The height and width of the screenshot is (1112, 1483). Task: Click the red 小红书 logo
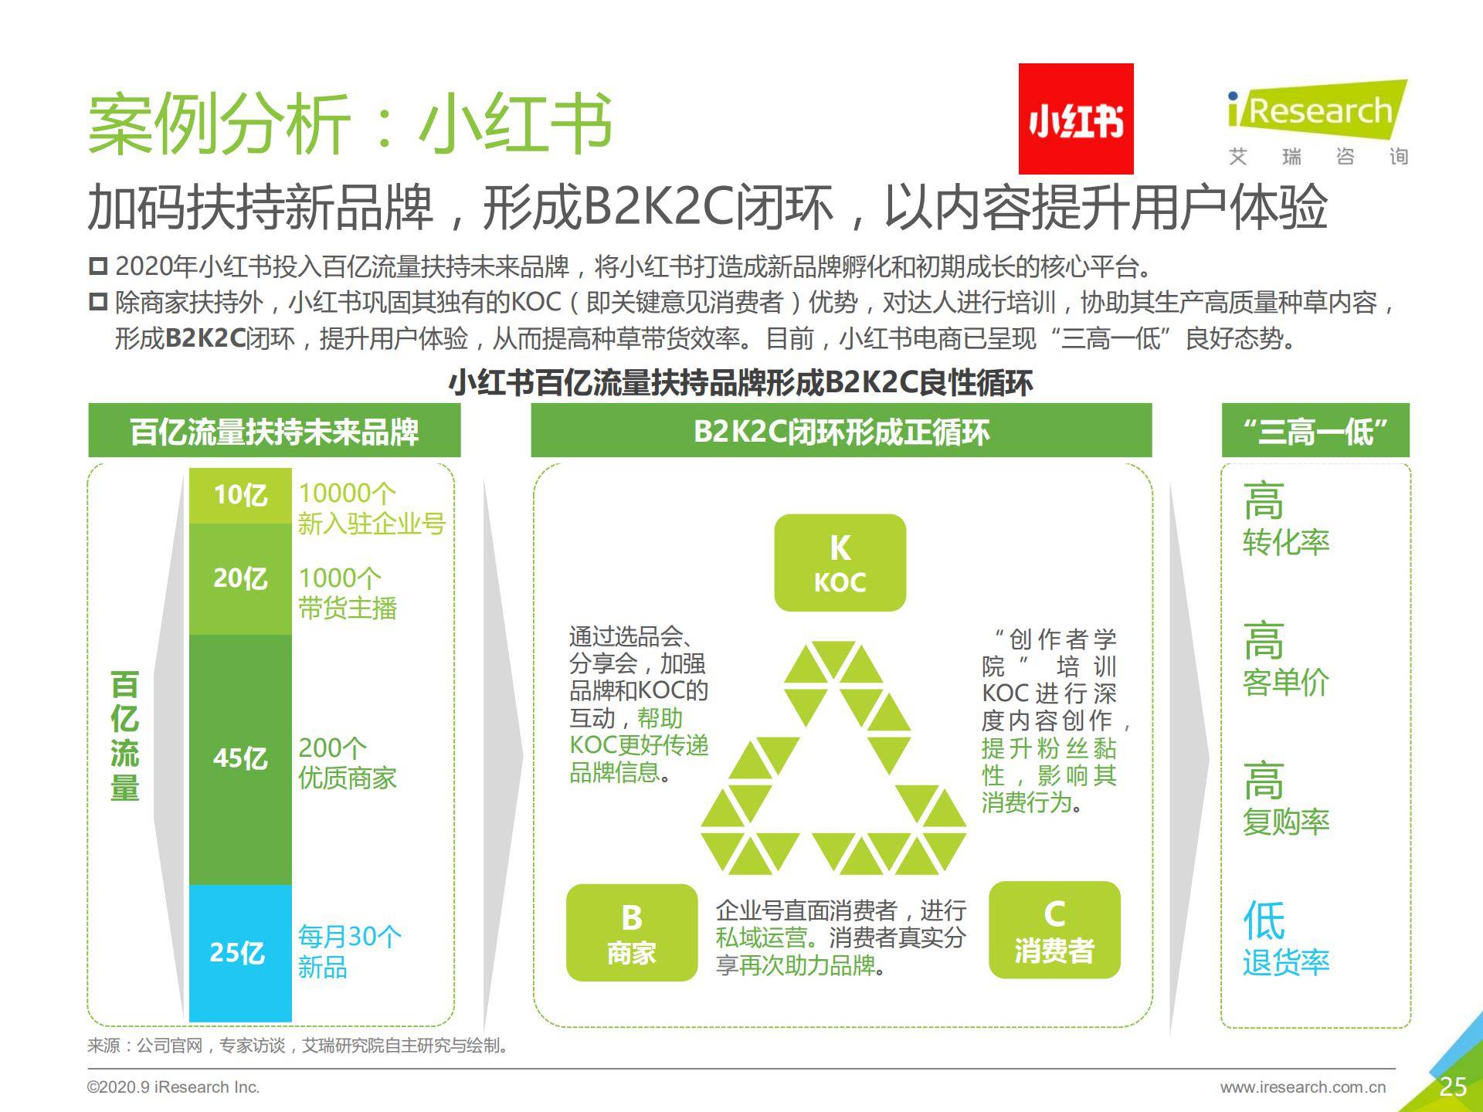pyautogui.click(x=1076, y=119)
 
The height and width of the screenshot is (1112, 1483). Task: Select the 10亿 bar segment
pyautogui.click(x=240, y=495)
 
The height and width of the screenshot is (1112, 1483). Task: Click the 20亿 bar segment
pyautogui.click(x=240, y=579)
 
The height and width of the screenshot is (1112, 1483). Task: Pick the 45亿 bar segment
pyautogui.click(x=240, y=760)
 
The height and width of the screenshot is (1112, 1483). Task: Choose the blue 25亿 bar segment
pyautogui.click(x=240, y=953)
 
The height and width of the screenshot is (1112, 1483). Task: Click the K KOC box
pyautogui.click(x=840, y=563)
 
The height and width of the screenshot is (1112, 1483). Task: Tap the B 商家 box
pyautogui.click(x=632, y=933)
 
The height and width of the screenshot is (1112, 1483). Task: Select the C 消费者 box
pyautogui.click(x=1054, y=931)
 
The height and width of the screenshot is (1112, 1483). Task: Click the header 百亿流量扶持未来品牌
pyautogui.click(x=274, y=431)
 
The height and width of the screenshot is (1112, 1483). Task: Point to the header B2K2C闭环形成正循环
pyautogui.click(x=841, y=431)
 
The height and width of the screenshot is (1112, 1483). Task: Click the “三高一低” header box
pyautogui.click(x=1315, y=431)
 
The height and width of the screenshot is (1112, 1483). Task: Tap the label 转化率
pyautogui.click(x=1286, y=542)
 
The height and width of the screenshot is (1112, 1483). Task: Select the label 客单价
pyautogui.click(x=1286, y=683)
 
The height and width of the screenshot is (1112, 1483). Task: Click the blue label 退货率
pyautogui.click(x=1286, y=962)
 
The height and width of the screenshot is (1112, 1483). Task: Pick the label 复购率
pyautogui.click(x=1286, y=822)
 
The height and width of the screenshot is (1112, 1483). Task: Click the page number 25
pyautogui.click(x=1453, y=1087)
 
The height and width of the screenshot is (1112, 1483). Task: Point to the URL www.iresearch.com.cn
pyautogui.click(x=1303, y=1087)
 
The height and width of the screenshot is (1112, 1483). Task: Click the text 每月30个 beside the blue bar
pyautogui.click(x=350, y=937)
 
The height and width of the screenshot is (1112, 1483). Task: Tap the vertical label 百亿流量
pyautogui.click(x=125, y=737)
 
